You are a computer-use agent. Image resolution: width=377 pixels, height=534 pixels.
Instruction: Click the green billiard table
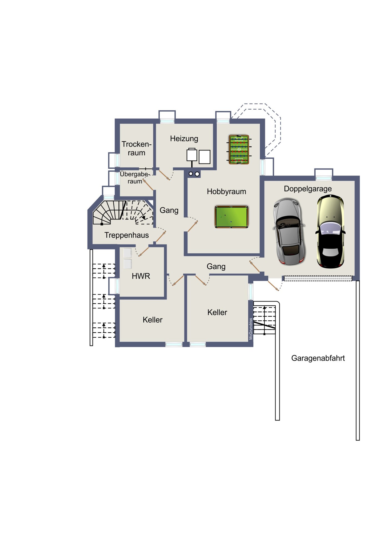231,217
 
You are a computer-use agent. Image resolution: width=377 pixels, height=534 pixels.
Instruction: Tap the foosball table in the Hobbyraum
239,149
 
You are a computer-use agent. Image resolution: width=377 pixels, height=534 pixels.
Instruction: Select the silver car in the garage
289,231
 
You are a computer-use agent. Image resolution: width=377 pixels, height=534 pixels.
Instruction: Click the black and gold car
330,231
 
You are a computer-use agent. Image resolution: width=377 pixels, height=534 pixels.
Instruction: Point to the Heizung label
184,139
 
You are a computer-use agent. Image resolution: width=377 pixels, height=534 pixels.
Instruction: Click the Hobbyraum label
226,191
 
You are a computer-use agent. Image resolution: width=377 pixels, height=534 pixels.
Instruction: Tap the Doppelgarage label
308,189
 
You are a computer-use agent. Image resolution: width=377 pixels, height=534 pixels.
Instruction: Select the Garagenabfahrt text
318,358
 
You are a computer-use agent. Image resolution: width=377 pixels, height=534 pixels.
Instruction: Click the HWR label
141,276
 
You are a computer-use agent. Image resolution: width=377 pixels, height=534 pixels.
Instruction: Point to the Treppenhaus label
126,235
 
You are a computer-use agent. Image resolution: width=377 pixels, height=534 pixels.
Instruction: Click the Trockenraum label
136,148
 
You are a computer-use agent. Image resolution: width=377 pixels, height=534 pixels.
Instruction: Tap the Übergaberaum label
135,178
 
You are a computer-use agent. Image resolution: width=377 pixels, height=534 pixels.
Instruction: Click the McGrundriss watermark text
251,329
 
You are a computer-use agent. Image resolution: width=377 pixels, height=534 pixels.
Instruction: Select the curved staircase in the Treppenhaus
123,212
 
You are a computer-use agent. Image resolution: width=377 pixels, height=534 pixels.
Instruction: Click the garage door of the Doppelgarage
318,278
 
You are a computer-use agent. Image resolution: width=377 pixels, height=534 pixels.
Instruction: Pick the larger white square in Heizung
204,157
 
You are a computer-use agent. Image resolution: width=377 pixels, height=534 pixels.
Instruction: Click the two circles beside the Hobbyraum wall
194,174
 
